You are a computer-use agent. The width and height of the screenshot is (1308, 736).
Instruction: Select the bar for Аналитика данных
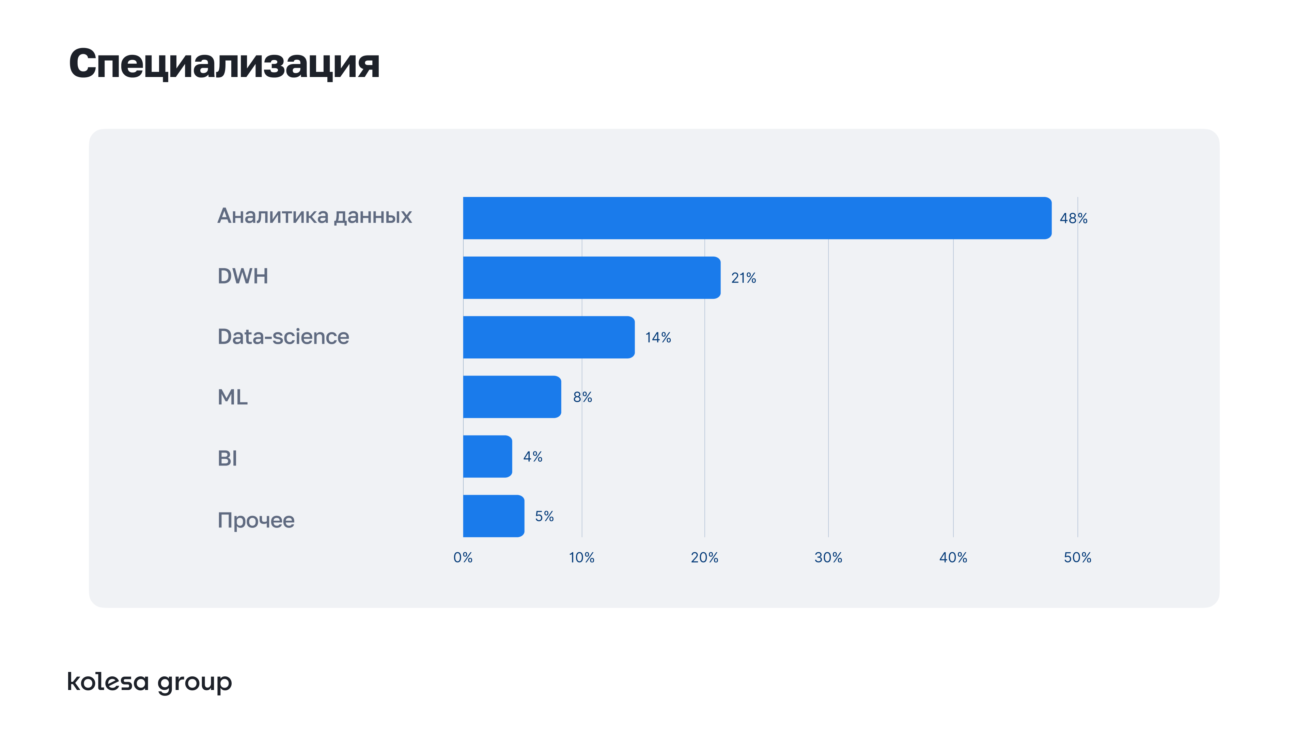coord(757,218)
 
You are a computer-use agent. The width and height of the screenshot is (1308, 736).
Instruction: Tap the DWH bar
coord(592,277)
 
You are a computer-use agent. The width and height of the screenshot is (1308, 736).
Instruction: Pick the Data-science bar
coord(548,337)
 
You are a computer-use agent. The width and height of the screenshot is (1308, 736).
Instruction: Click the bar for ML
coord(512,397)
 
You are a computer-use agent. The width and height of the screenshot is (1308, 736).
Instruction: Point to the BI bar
coord(487,456)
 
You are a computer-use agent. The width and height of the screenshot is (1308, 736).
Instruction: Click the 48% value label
coord(1073,218)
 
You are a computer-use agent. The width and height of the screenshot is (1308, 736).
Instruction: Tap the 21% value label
coord(743,278)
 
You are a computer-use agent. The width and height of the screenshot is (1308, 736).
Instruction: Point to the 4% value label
coord(533,457)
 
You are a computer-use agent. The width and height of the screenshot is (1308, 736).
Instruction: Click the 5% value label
coord(544,517)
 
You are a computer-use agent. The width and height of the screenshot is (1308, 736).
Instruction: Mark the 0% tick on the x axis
coord(463,558)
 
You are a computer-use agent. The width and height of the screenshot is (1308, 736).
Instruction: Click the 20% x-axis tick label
coord(704,558)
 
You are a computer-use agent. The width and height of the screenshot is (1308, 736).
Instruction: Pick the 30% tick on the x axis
coord(828,558)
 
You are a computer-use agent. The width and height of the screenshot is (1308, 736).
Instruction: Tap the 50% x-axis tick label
coord(1077,558)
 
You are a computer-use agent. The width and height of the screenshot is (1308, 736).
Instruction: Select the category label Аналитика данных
coord(314,216)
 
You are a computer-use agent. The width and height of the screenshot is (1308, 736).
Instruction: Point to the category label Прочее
coord(256,520)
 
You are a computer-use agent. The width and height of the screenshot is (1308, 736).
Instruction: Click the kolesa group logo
coord(150,682)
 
